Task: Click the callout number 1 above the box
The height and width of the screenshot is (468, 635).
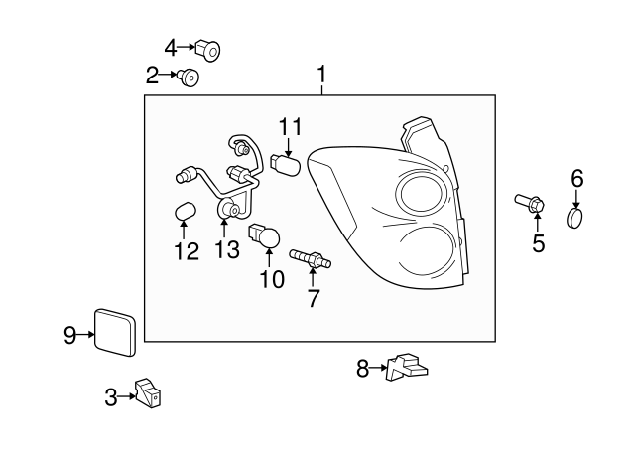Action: (321, 75)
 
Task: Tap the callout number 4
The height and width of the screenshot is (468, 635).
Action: (171, 47)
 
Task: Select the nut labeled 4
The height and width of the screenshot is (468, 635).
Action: (207, 47)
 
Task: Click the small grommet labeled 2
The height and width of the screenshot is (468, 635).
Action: (188, 76)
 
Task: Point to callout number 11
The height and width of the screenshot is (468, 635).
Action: (289, 126)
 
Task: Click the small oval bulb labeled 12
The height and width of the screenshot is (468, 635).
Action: (183, 213)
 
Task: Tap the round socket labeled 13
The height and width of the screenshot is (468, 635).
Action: (228, 209)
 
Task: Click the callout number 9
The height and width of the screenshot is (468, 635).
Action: (70, 335)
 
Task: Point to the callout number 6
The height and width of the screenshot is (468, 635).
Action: (576, 179)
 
